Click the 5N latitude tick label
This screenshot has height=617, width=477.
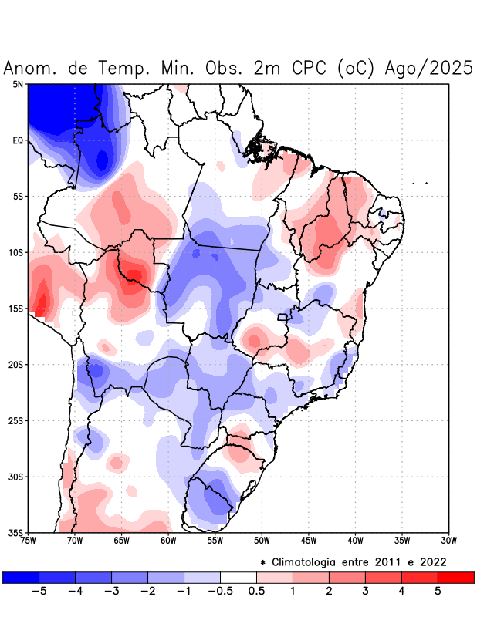click(18, 84)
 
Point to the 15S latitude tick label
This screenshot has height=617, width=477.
click(15, 308)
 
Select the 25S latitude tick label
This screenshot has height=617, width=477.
click(15, 420)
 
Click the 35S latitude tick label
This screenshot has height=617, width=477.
click(15, 532)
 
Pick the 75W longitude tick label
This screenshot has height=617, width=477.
click(29, 540)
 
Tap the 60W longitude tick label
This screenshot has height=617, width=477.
click(168, 540)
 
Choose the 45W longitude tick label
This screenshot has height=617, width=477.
click(308, 540)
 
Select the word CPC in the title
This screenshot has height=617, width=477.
click(311, 68)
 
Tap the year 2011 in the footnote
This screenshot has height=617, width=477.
click(376, 561)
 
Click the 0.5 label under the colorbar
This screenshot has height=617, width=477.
click(256, 591)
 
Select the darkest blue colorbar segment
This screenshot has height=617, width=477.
click(21, 577)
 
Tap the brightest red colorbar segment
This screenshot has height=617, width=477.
click(455, 577)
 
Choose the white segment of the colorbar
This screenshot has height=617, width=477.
click(238, 577)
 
